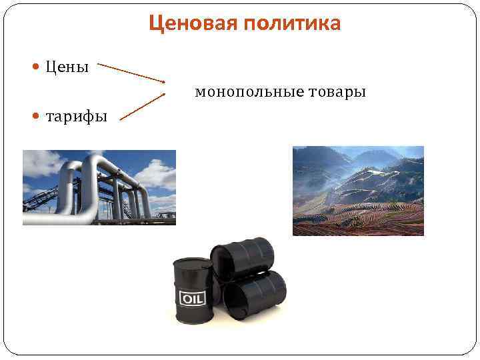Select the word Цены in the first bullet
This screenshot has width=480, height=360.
click(x=67, y=67)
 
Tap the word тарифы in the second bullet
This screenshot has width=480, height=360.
click(x=76, y=117)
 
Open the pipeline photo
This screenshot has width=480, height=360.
click(x=99, y=187)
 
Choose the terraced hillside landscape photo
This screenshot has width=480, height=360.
click(x=358, y=191)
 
